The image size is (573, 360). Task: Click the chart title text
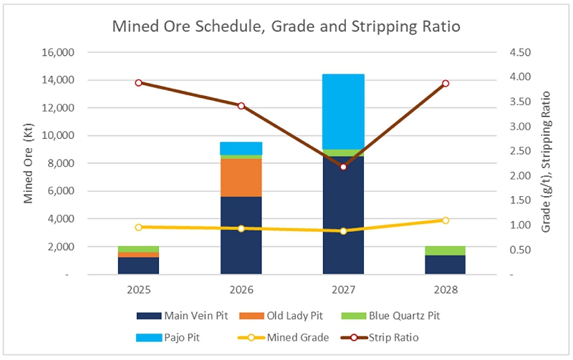pos(286,27)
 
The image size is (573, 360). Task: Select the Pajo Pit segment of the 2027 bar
pos(343,112)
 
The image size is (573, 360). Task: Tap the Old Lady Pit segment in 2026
pos(241,177)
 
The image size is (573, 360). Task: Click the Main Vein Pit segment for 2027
pos(343,215)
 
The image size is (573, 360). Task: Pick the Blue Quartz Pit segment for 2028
pos(445,250)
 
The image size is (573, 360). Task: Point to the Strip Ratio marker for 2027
pos(343,167)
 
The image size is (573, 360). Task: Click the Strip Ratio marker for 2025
pos(139,83)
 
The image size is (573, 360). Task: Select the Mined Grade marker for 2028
pos(445,220)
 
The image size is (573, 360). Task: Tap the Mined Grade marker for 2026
pos(241,228)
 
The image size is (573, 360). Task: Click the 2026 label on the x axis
pos(241,291)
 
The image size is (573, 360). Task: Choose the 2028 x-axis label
pos(445,291)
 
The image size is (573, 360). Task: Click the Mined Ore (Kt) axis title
pos(29,163)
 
